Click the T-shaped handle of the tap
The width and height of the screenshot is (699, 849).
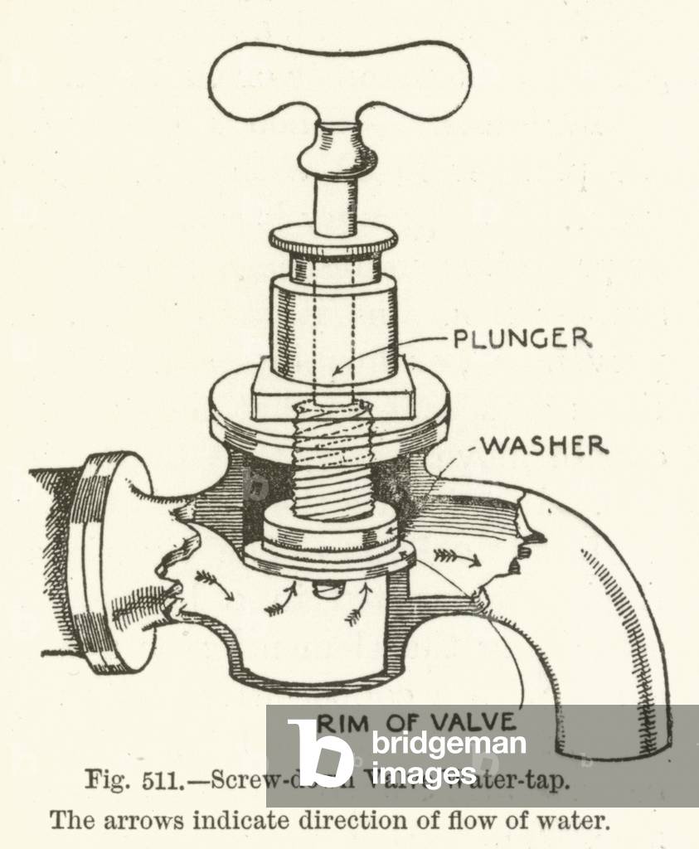(338, 80)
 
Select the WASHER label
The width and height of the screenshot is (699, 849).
(544, 445)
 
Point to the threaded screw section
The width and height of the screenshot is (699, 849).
(334, 460)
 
